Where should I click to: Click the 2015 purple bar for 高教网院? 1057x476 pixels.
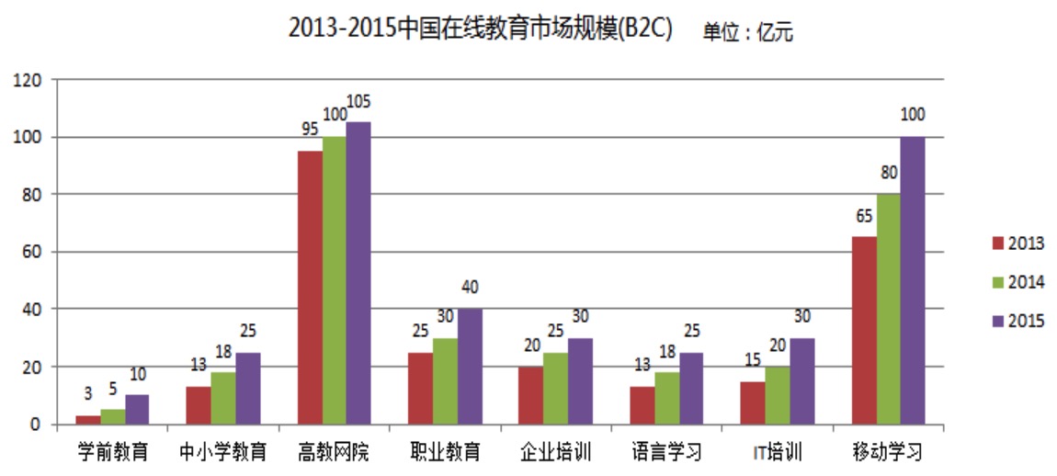click(x=358, y=273)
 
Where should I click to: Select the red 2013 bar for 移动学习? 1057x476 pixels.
click(x=864, y=330)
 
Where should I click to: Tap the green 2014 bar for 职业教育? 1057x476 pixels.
click(x=445, y=380)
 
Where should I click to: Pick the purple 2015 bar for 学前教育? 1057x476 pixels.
click(x=137, y=409)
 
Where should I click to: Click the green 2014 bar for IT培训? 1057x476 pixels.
click(x=778, y=395)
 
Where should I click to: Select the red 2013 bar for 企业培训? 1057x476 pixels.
click(x=530, y=395)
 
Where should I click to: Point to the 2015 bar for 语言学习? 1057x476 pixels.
click(x=691, y=388)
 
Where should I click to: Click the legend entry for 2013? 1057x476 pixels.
click(x=1017, y=243)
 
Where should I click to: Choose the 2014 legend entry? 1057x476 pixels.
click(x=1017, y=281)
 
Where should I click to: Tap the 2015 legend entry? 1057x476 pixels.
click(x=1017, y=320)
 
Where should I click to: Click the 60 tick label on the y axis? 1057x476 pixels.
click(x=32, y=252)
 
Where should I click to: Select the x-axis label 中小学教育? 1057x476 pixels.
click(x=222, y=452)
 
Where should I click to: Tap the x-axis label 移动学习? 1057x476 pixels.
click(x=888, y=452)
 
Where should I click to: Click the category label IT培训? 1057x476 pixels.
click(x=778, y=452)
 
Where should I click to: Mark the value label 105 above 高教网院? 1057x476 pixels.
click(x=358, y=101)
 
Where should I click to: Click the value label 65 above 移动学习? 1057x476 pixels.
click(x=864, y=217)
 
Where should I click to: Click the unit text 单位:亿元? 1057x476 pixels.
click(x=747, y=32)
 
